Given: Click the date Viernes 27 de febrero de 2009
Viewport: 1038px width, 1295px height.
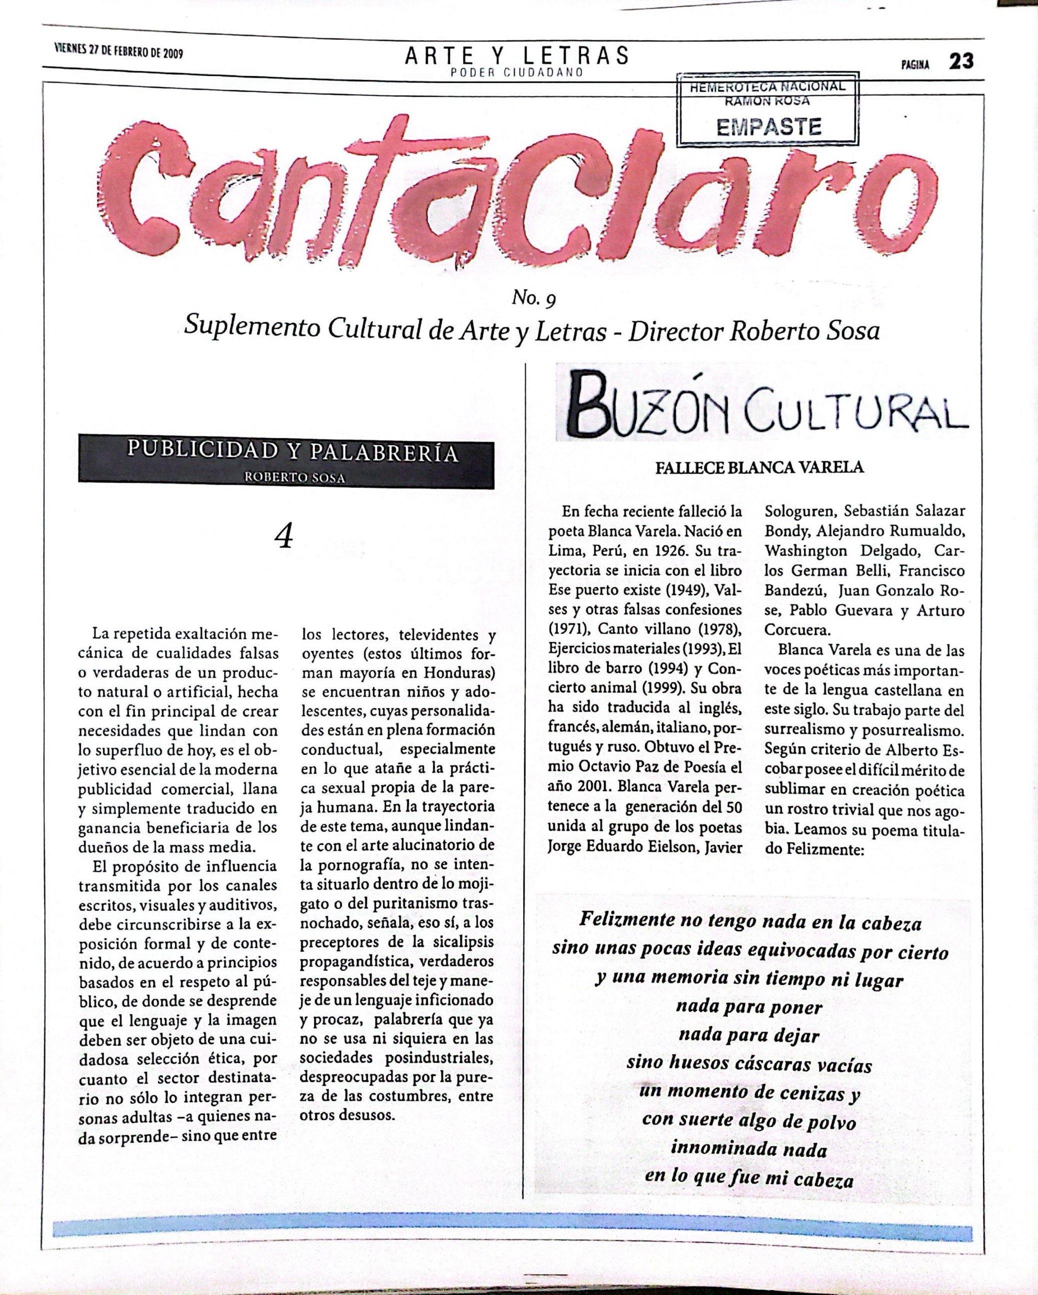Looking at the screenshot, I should point(118,52).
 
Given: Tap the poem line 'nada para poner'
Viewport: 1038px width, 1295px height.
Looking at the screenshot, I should point(749,1007).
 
